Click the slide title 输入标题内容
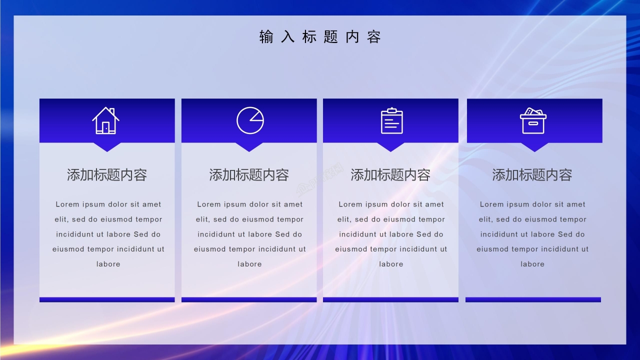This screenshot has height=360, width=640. [320, 37]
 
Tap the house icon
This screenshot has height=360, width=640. [105, 120]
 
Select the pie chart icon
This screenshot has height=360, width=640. [250, 120]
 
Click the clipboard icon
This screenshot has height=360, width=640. [391, 120]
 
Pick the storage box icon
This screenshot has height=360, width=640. [533, 120]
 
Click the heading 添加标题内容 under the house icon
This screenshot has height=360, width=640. [107, 175]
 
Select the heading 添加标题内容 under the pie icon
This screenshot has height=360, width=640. [249, 175]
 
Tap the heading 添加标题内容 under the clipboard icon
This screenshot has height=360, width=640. [390, 175]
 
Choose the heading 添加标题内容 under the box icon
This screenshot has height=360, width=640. [532, 175]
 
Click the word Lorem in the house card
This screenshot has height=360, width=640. [67, 204]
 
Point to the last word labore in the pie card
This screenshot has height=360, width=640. [249, 264]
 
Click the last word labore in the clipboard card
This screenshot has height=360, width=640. [391, 264]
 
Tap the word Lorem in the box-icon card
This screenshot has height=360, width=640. [492, 204]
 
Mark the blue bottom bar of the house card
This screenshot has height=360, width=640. [107, 299]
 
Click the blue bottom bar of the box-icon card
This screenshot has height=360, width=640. [533, 299]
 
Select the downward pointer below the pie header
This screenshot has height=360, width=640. [249, 147]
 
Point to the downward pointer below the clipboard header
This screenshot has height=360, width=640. [390, 147]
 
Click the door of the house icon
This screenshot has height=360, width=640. [106, 128]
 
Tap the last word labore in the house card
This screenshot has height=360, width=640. [108, 264]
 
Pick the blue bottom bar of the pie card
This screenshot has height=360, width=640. [249, 299]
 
